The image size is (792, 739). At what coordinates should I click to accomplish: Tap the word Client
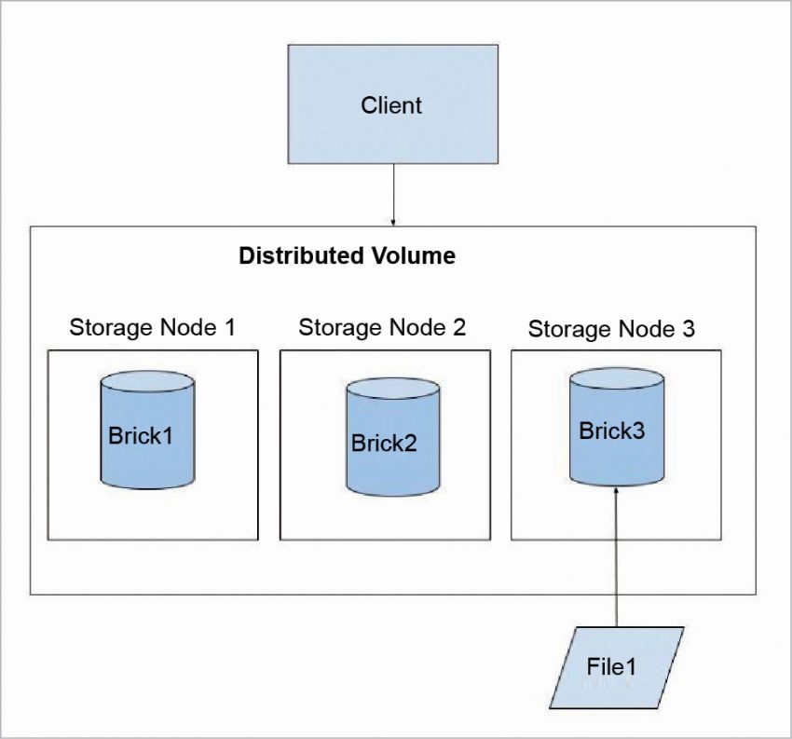(391, 105)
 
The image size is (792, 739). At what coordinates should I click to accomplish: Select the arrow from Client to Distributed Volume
(393, 196)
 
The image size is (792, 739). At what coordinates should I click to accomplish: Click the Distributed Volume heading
(347, 256)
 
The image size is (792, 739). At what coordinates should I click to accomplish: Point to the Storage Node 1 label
(152, 327)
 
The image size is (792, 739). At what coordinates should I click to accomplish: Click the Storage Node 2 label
(382, 327)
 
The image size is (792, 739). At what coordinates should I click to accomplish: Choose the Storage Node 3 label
(611, 329)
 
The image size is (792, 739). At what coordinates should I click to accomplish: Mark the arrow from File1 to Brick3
(617, 559)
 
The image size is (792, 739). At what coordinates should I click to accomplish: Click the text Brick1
(141, 435)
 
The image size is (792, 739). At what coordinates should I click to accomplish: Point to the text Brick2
(384, 443)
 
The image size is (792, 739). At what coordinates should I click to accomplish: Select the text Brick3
(611, 431)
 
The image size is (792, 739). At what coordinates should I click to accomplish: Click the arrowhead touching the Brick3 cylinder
(617, 491)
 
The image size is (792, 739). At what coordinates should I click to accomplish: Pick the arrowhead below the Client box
(393, 222)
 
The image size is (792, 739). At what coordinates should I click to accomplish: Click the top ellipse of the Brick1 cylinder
(148, 381)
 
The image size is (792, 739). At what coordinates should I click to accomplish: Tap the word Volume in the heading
(413, 256)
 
